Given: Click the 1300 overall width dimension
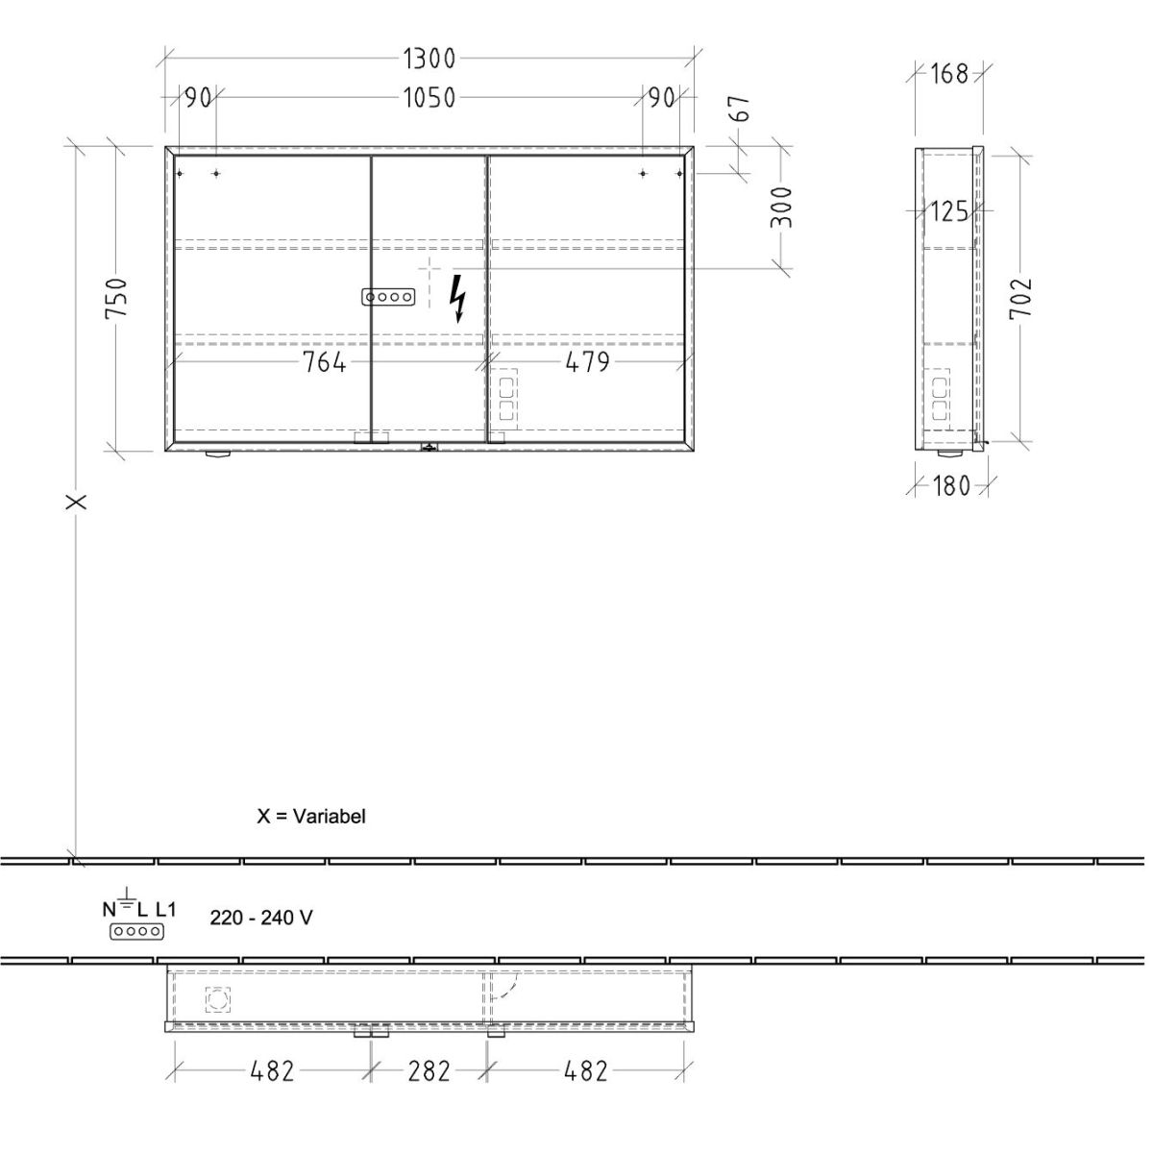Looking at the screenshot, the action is [x=429, y=59].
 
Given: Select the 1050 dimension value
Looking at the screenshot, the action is [x=429, y=98].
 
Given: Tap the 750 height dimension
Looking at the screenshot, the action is [x=116, y=299].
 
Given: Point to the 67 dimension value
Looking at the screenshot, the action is [x=741, y=109].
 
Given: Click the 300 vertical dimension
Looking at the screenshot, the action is [x=781, y=207].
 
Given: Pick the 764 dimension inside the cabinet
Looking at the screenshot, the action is [x=324, y=362].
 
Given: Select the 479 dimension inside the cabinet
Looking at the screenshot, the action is [x=588, y=362].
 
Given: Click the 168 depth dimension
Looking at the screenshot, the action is [x=949, y=74].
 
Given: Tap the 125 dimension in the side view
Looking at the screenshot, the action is [x=949, y=211].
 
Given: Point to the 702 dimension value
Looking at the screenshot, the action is [x=1020, y=298].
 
